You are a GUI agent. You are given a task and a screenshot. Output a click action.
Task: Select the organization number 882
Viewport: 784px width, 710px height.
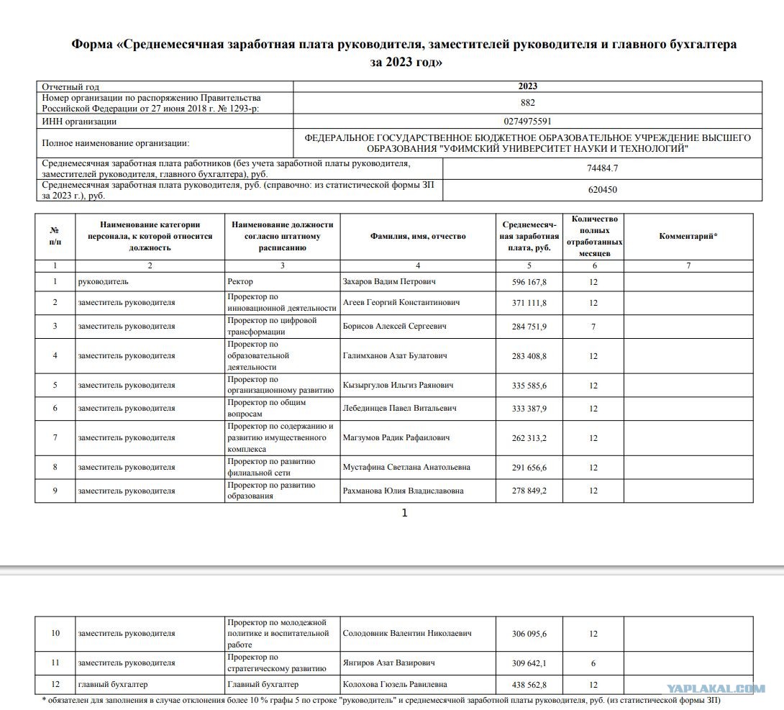(527, 103)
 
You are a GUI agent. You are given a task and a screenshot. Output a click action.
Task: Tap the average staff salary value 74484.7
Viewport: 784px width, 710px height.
(602, 168)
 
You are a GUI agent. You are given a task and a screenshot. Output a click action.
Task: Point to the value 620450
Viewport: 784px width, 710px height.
(602, 190)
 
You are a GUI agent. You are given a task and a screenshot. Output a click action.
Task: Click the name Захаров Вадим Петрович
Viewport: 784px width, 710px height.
(389, 281)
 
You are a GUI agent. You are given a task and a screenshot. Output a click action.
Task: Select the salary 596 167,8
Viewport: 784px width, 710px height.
(529, 281)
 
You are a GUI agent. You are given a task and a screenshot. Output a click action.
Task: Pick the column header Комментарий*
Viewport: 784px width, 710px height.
(688, 236)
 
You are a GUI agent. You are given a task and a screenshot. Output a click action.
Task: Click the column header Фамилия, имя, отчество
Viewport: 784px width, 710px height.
(418, 236)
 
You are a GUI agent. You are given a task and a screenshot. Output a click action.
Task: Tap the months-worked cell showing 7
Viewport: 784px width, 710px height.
(593, 327)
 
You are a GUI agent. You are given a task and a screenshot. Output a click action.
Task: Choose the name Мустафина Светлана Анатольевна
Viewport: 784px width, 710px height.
(406, 467)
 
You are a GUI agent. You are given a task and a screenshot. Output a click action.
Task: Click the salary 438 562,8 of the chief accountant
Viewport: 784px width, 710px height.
(529, 685)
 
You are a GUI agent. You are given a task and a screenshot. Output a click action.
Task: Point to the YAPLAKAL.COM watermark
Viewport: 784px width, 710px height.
(715, 688)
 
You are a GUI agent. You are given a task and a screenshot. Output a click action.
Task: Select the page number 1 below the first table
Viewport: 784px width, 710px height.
(404, 513)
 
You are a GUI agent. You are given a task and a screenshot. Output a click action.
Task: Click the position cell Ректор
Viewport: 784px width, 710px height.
(240, 281)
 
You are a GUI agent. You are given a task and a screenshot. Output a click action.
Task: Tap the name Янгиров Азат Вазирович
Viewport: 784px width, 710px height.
(389, 663)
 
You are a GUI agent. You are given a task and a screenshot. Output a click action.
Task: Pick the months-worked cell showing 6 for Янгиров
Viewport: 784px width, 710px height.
(593, 663)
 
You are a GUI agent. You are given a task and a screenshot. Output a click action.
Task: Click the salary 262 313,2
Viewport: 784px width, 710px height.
(529, 437)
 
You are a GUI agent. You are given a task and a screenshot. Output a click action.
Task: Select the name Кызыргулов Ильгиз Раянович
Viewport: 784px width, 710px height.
(394, 386)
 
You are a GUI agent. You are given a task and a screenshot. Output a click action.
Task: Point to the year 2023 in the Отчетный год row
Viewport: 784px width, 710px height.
(527, 86)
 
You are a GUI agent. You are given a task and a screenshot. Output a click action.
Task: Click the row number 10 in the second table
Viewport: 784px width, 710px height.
(55, 633)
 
